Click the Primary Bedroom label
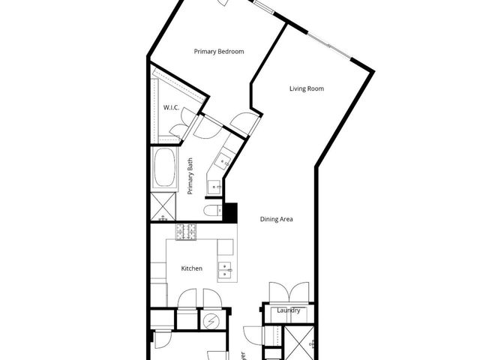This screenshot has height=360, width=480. [219, 52]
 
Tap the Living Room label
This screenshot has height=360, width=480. [306, 89]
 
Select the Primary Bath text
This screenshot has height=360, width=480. [190, 176]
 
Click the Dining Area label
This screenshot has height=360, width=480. [276, 220]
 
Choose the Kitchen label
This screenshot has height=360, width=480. [192, 268]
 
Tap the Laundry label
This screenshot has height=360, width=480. [289, 310]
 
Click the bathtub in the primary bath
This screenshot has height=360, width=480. [164, 169]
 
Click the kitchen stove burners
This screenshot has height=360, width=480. [186, 232]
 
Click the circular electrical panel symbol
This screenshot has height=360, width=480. [211, 321]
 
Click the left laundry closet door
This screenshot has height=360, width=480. [278, 292]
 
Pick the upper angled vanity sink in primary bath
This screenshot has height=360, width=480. [224, 159]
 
